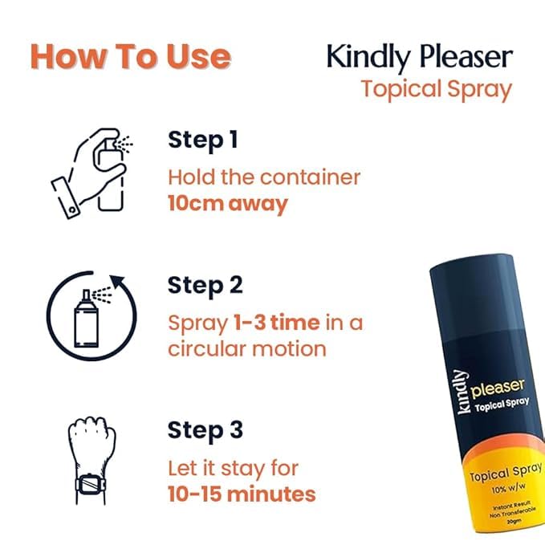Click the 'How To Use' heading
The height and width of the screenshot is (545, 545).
pos(130,57)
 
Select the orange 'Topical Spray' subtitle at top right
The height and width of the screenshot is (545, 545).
pos(436,88)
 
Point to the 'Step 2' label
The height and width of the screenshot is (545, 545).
pos(205,285)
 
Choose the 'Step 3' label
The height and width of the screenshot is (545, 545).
pos(205,430)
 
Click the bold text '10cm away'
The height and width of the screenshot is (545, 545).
pos(227,203)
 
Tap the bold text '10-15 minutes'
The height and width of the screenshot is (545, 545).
pos(242,493)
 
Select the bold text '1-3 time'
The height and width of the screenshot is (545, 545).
pos(276,323)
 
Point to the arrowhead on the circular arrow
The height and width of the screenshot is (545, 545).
pos(119,284)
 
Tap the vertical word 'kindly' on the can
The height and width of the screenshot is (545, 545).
pos(461,392)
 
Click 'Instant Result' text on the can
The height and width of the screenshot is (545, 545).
pos(491,510)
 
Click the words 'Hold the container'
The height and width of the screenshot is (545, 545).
pos(264,176)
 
